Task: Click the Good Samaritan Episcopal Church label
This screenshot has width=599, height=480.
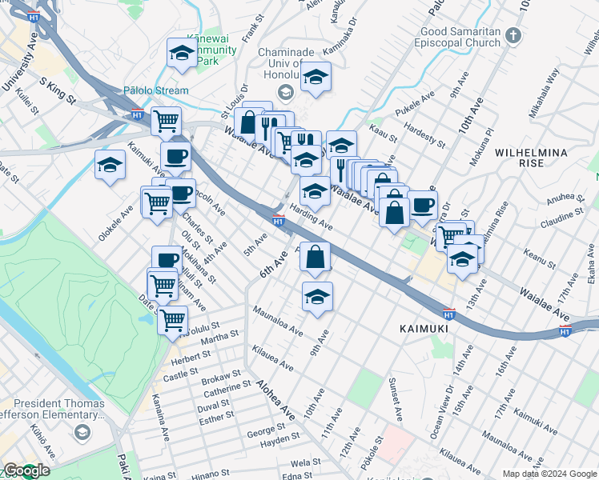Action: click(x=460, y=37)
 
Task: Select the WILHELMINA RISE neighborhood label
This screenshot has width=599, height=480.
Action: click(x=531, y=158)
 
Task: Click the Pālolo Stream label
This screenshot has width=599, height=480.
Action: click(x=156, y=90)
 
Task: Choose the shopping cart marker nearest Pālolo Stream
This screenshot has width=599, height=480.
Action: click(x=166, y=122)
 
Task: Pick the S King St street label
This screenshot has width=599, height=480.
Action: click(x=56, y=91)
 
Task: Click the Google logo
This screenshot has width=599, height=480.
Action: click(x=26, y=471)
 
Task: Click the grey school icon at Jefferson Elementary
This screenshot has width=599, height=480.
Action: click(x=81, y=433)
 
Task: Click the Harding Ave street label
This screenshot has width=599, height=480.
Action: click(x=312, y=216)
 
